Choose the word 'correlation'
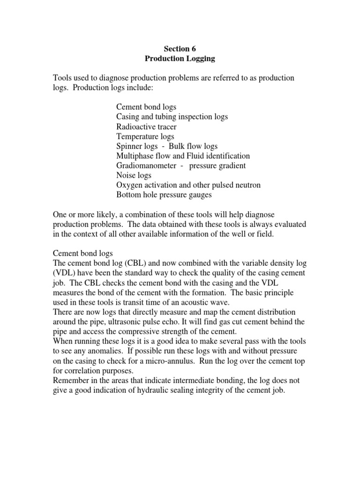pyautogui.click(x=86, y=371)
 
